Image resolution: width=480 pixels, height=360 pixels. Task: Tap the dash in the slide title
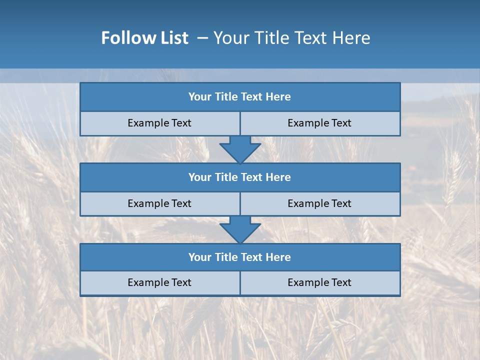[202, 38]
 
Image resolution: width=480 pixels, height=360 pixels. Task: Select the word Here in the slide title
[352, 38]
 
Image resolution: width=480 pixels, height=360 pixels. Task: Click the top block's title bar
[240, 97]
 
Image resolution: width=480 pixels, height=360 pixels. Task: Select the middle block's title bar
[240, 177]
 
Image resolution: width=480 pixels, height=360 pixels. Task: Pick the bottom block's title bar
[240, 257]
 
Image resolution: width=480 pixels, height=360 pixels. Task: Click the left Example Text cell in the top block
[160, 123]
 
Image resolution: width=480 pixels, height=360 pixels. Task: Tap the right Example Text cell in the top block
[320, 123]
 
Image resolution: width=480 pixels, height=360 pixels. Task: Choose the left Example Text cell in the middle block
[160, 204]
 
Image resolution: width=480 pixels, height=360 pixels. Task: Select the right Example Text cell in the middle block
[320, 204]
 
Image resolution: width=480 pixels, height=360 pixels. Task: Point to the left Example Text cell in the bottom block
[160, 283]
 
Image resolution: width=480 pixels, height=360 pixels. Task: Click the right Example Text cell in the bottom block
[320, 283]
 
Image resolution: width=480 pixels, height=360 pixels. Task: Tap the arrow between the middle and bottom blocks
[240, 229]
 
